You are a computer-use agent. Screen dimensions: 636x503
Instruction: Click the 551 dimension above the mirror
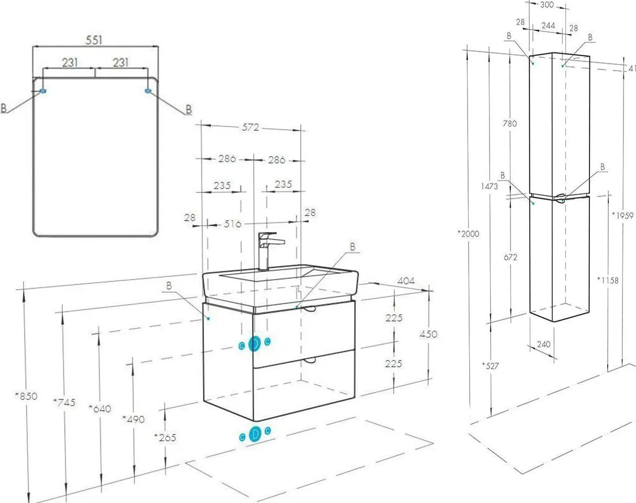pos(94,40)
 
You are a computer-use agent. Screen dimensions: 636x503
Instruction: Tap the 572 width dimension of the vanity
pos(251,127)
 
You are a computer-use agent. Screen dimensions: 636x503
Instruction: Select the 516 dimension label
pos(232,224)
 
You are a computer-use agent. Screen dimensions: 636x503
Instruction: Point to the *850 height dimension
pos(26,396)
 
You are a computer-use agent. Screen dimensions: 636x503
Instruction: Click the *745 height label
pos(64,402)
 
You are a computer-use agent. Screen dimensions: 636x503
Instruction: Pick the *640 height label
pos(100,409)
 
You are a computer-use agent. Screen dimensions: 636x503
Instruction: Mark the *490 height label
pos(133,419)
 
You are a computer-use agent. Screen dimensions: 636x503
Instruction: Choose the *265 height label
pos(165,438)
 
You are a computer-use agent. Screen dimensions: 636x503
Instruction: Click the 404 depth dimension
pos(406,280)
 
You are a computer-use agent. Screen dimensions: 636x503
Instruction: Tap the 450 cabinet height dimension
pos(428,334)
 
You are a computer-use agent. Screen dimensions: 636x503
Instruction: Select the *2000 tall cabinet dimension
pos(469,234)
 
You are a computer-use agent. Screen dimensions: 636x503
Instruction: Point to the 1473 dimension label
pos(490,186)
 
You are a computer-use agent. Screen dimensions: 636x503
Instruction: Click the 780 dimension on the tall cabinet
pos(510,123)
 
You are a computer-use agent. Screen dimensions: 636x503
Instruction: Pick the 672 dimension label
pos(510,257)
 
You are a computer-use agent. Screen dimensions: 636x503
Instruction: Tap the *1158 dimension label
pos(608,280)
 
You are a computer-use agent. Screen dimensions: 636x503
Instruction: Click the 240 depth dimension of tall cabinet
pos(543,344)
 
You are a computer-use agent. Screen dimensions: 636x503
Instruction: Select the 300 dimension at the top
pos(547,4)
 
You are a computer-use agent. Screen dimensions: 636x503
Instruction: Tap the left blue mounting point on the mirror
pos(43,91)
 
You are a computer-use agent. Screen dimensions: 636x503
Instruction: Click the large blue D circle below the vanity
pos(255,434)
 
